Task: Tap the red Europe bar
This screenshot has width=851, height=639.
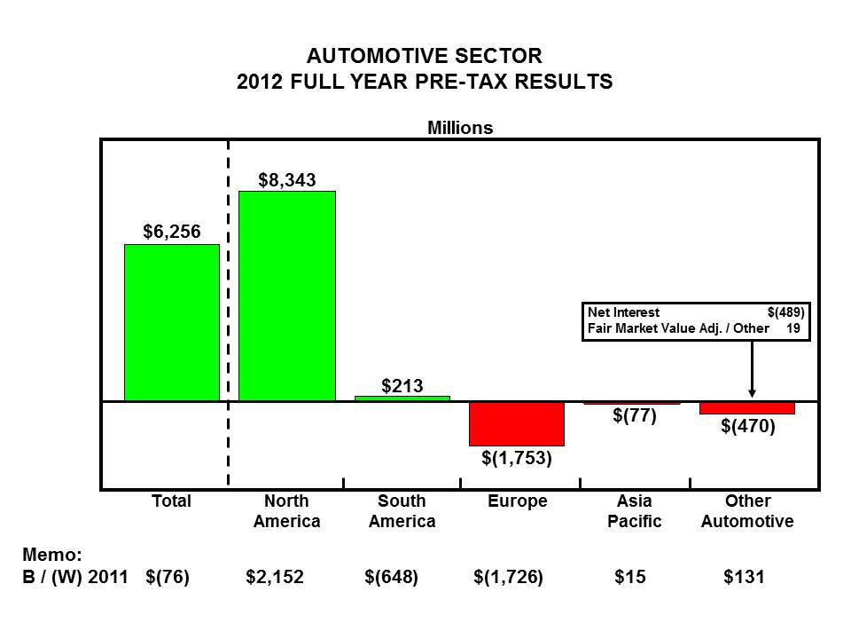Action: tap(517, 423)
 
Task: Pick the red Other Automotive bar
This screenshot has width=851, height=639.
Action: tap(746, 408)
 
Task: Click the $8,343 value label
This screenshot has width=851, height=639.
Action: tap(287, 180)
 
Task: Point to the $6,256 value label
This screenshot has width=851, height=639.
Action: tap(172, 232)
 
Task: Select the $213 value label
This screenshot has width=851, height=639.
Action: tap(402, 385)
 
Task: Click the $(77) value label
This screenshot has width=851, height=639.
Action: tap(634, 415)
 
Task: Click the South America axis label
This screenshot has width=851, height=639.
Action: tap(402, 511)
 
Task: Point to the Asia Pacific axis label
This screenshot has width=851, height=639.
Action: tap(634, 511)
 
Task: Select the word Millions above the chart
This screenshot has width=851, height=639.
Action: tap(460, 128)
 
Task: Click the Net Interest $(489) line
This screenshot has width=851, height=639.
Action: tap(695, 312)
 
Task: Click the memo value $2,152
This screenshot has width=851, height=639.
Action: tap(275, 577)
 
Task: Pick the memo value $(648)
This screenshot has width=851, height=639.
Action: tap(391, 577)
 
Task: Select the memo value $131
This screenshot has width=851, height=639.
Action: tap(744, 577)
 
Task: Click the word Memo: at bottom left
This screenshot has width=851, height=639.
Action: tap(51, 555)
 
